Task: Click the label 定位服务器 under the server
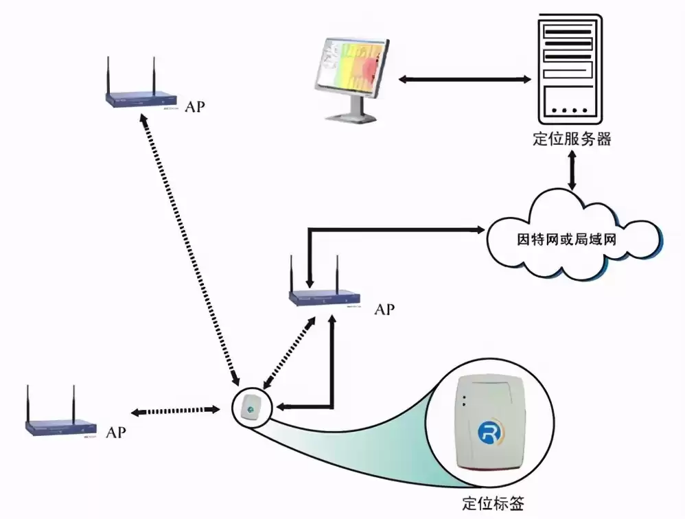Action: click(572, 139)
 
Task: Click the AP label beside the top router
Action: click(194, 108)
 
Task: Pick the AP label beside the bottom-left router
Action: click(116, 432)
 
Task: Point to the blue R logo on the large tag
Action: click(489, 433)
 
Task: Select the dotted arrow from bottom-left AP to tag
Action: click(175, 411)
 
